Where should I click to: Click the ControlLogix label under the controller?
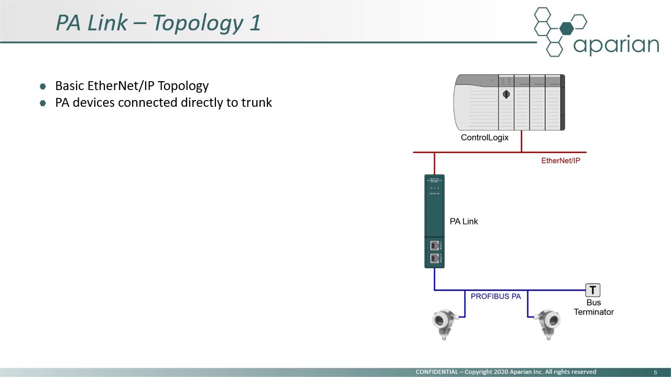[484, 138]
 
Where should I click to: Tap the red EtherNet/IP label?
[560, 160]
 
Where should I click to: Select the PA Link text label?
[463, 221]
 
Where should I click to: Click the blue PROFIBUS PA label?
[495, 296]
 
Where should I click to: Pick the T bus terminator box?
[592, 290]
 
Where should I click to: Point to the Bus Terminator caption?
[593, 307]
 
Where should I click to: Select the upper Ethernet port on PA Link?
[435, 246]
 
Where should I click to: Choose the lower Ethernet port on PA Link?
[435, 258]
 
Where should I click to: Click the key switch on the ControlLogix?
[506, 95]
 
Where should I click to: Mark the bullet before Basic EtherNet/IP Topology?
[43, 86]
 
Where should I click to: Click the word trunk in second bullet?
[256, 102]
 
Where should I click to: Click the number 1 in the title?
[255, 23]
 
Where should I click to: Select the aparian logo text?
[615, 45]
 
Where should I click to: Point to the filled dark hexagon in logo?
[566, 29]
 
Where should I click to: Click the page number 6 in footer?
[655, 372]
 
